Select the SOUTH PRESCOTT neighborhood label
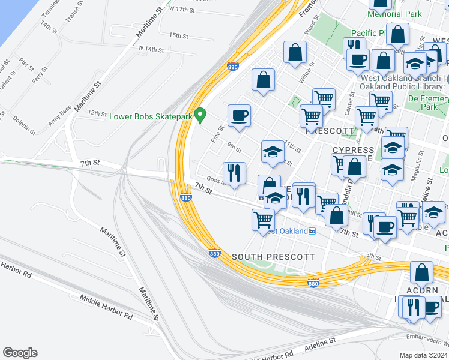273,257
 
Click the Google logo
20,353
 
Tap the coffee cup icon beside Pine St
239,115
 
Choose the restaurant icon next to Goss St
234,173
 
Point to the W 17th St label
183,10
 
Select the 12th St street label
97,113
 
